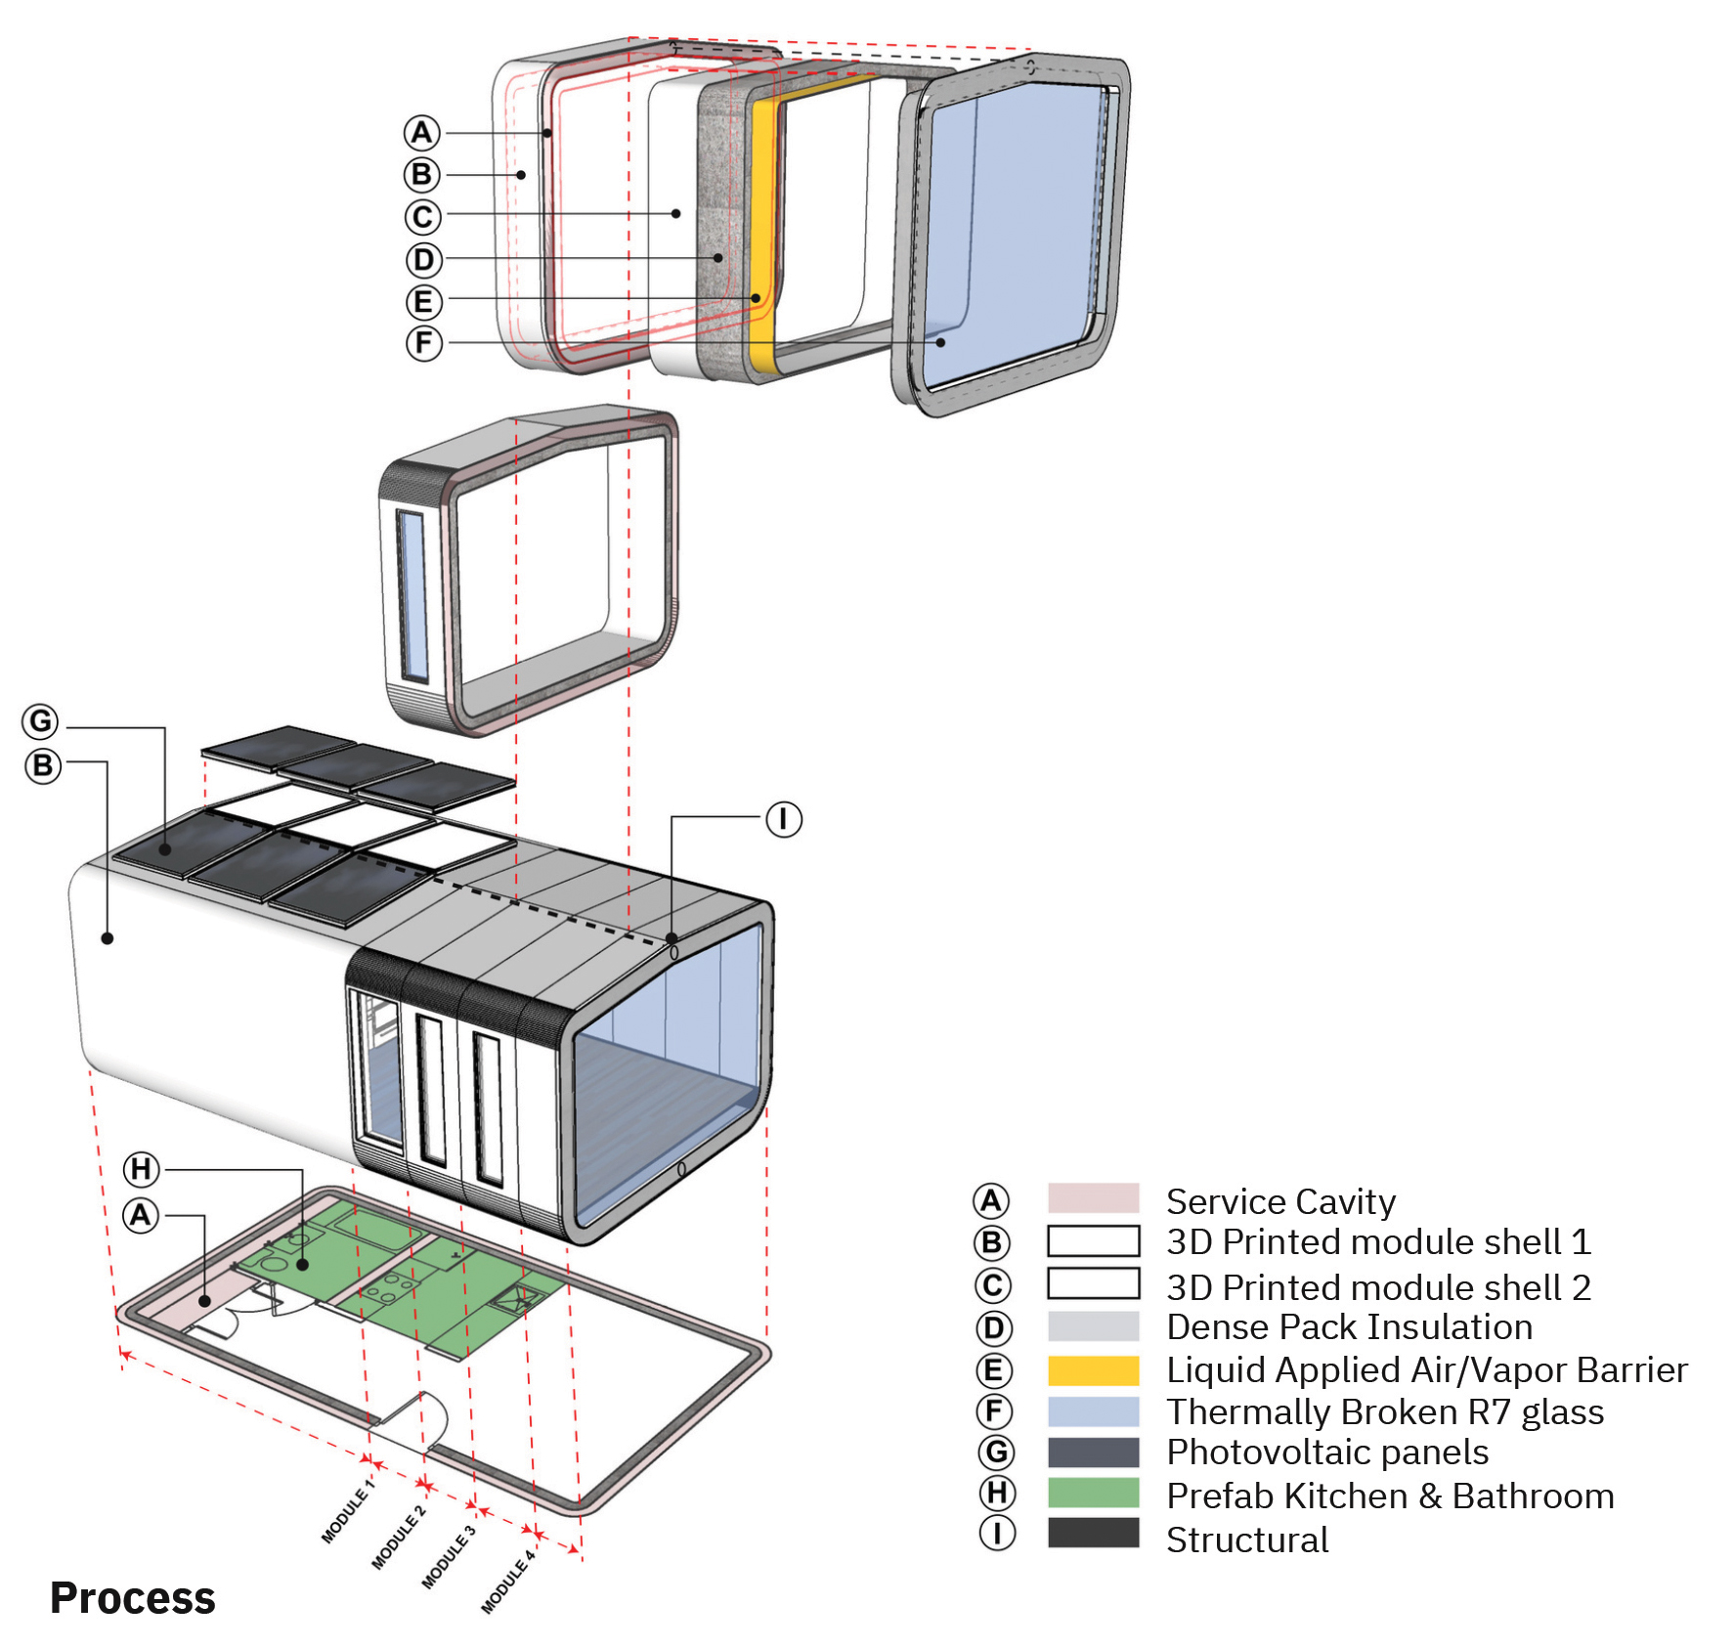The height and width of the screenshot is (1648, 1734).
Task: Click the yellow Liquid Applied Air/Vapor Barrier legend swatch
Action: [x=1093, y=1370]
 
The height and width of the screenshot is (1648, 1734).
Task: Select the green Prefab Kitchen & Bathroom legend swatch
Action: [x=1093, y=1494]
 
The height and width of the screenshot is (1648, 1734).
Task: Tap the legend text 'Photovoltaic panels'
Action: [x=1327, y=1453]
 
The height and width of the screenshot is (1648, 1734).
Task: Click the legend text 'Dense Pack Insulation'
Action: [x=1349, y=1327]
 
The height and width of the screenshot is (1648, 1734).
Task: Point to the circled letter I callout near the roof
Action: [x=783, y=819]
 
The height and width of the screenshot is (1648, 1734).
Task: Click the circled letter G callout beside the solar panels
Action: [x=41, y=722]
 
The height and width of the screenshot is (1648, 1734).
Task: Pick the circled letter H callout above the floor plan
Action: [x=142, y=1169]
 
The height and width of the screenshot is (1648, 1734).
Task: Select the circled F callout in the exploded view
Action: [x=424, y=343]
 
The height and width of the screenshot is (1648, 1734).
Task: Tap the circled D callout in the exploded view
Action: [x=424, y=260]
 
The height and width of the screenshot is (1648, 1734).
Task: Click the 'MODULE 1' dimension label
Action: [x=347, y=1511]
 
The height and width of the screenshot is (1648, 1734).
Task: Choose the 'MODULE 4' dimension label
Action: [x=508, y=1582]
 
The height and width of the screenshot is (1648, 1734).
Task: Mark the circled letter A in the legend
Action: [x=991, y=1201]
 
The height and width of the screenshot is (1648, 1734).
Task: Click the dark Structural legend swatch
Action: [x=1093, y=1533]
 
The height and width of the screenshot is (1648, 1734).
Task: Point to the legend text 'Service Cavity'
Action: [x=1280, y=1201]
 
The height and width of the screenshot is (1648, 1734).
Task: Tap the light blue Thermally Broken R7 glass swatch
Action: [x=1093, y=1411]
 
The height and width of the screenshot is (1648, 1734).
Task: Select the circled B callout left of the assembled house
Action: [x=43, y=765]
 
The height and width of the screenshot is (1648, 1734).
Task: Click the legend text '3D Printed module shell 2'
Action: [x=1378, y=1287]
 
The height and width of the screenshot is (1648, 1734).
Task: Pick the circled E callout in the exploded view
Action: [x=424, y=302]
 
